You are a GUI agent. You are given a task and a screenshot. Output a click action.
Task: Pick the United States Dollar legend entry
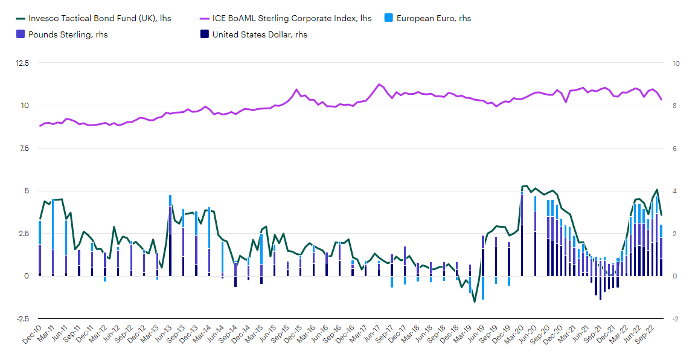(260, 34)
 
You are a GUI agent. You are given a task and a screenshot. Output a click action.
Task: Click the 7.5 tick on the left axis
(22, 149)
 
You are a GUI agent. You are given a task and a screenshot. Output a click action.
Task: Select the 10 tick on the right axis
(676, 63)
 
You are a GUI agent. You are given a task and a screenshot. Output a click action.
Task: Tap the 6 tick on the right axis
(674, 149)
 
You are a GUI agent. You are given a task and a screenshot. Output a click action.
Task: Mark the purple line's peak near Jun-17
(379, 84)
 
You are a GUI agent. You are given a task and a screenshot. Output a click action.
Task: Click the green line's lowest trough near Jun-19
(475, 301)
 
